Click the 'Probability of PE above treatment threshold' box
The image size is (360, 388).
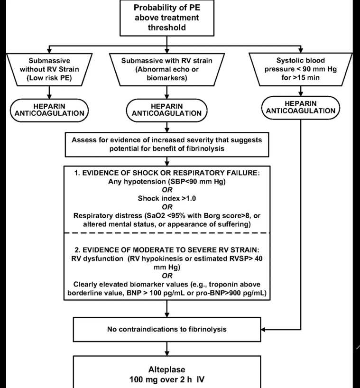(166, 18)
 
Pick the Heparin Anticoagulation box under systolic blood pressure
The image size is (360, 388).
(301, 107)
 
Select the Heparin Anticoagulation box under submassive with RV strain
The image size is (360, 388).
(166, 110)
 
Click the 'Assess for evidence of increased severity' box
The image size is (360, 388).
(166, 145)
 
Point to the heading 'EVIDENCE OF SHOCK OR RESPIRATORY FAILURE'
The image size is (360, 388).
(166, 174)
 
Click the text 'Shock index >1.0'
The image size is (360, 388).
(166, 198)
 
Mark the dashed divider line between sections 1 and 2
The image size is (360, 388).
(166, 232)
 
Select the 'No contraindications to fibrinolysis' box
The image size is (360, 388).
(166, 329)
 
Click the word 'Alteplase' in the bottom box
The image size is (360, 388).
(166, 369)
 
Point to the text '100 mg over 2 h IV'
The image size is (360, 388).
(166, 379)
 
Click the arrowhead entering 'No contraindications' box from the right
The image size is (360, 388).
(264, 329)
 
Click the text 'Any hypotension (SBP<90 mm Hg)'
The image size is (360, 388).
(166, 182)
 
